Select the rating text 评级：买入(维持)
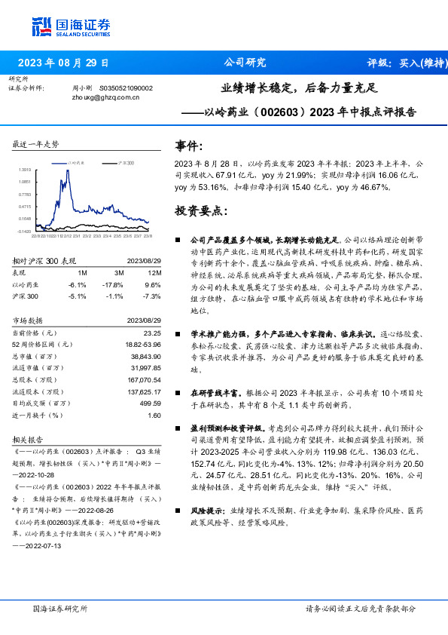(407, 63)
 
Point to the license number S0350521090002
(126, 87)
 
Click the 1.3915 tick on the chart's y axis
(25, 170)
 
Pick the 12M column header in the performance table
(155, 271)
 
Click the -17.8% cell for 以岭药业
(114, 284)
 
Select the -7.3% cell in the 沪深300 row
(153, 296)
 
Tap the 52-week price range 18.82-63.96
(142, 345)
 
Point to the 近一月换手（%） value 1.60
(154, 415)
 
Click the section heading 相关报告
(29, 439)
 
